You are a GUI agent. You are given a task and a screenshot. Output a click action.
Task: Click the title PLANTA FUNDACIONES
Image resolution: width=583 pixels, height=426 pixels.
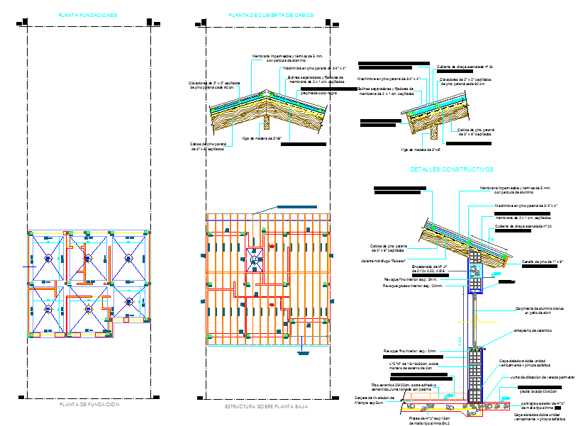click(89, 15)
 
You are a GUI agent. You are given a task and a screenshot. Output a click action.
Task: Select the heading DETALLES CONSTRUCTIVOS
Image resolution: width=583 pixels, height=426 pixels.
click(451, 170)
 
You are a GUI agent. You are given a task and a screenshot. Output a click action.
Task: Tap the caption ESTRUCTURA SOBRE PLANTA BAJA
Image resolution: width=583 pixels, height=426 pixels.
click(266, 405)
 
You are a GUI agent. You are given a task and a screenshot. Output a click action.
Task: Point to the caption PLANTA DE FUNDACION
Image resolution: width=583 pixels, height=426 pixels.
click(89, 404)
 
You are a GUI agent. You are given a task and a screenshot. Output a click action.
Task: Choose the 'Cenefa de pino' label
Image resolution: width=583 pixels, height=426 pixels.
click(538, 262)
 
